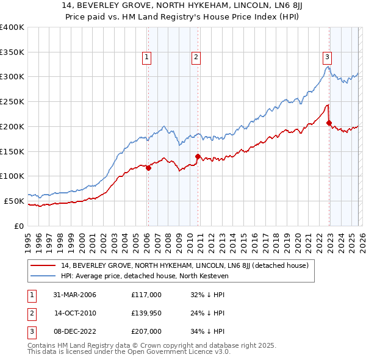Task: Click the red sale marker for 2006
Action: (148, 168)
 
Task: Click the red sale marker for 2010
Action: (198, 156)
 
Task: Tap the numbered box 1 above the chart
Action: (147, 58)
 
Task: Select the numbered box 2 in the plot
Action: (196, 58)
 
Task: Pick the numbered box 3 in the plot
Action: (327, 58)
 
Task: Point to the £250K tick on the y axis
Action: (12, 101)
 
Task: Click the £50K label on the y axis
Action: (14, 201)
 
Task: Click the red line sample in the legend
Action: (44, 265)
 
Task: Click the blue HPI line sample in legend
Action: (44, 276)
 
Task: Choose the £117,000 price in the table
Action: (146, 295)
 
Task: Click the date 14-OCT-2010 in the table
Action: (76, 313)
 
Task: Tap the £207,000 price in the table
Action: (146, 331)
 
